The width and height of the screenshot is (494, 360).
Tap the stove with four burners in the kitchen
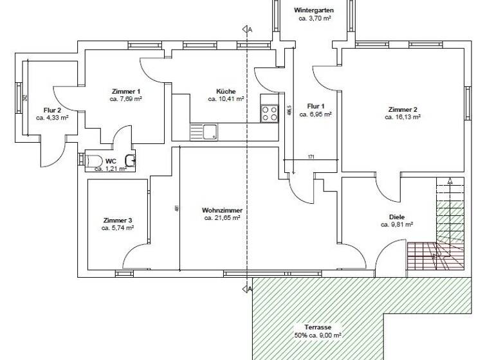click(x=269, y=113)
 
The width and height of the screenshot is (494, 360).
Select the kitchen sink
click(x=210, y=132)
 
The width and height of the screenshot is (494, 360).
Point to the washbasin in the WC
click(x=130, y=159)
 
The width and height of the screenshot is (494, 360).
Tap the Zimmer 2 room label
click(x=403, y=109)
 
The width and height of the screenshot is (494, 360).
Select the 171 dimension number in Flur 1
click(x=311, y=157)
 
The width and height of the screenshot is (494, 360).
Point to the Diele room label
click(x=396, y=217)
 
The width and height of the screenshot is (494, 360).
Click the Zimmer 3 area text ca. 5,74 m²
click(x=118, y=228)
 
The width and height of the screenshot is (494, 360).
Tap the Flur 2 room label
click(x=52, y=110)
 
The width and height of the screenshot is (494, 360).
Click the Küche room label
click(x=226, y=91)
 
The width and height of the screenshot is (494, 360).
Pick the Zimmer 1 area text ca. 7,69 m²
click(x=126, y=99)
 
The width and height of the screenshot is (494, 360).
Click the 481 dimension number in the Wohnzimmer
click(x=176, y=208)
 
